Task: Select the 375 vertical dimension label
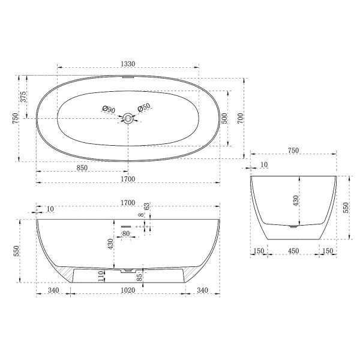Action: (24, 97)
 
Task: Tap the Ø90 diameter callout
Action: (109, 109)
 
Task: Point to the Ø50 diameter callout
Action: (144, 108)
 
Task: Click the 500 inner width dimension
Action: (224, 118)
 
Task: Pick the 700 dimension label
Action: (241, 118)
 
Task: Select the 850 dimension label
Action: (83, 168)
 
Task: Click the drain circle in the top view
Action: (128, 118)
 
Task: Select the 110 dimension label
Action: (101, 276)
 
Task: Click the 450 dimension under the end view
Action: (293, 251)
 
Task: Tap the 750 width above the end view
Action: (293, 151)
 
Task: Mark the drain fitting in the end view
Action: (293, 227)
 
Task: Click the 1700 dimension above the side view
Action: (127, 202)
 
